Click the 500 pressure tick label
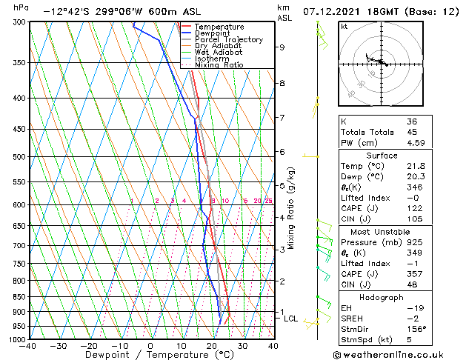click(x=20, y=157)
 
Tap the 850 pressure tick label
click(x=20, y=297)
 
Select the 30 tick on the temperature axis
click(x=242, y=346)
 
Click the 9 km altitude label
click(x=282, y=47)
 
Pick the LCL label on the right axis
click(x=291, y=319)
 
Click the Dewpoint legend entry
click(x=213, y=33)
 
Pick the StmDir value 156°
click(x=416, y=329)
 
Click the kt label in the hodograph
click(x=344, y=27)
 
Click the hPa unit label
click(x=21, y=7)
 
